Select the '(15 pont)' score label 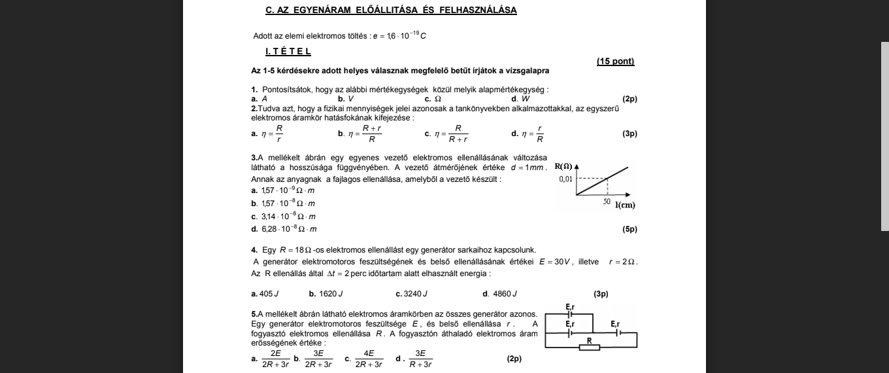[615, 62]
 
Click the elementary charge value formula [399, 36]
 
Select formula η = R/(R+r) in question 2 [452, 133]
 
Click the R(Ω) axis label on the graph [563, 166]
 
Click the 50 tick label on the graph [607, 202]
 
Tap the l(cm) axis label [625, 205]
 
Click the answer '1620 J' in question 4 [331, 294]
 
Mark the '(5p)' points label [629, 229]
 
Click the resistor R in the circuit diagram [590, 347]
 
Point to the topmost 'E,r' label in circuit [569, 307]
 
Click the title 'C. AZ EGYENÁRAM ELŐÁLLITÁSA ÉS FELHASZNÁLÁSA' [391, 10]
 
